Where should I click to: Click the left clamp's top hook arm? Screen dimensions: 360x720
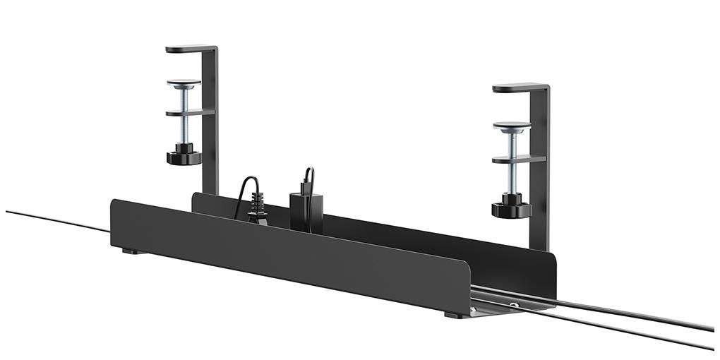185,49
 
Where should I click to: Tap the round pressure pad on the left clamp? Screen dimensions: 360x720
184,83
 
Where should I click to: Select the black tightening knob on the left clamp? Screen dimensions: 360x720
184,156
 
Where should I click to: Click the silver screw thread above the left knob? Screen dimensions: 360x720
184,131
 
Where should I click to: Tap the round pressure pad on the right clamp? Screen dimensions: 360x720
512,126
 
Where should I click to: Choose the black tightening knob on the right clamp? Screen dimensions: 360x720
511,208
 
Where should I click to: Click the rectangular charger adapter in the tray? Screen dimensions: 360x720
306,210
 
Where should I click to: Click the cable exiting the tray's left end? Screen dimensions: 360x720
56,220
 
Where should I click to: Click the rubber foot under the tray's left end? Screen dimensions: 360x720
130,251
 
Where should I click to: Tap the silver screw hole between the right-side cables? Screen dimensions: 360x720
515,306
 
